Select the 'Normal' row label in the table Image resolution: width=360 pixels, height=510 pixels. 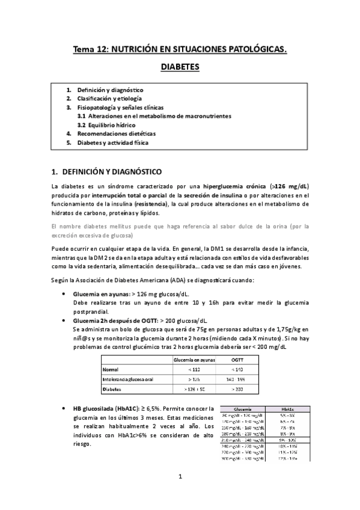pos(111,369)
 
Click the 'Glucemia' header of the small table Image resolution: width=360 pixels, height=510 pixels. pos(242,408)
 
